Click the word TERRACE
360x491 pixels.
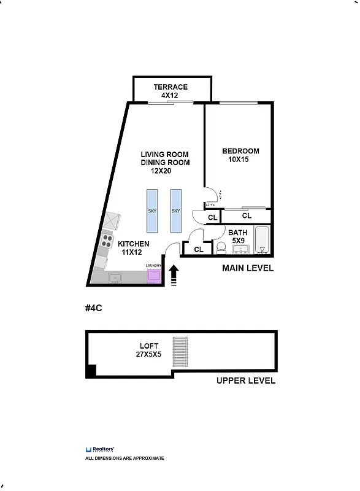click(x=170, y=87)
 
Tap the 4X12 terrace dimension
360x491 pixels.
click(x=170, y=96)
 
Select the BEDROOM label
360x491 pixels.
click(x=240, y=151)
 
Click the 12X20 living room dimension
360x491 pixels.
click(x=156, y=171)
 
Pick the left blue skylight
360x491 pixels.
click(x=152, y=211)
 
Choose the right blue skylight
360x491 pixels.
click(x=176, y=211)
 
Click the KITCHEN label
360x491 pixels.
click(x=134, y=244)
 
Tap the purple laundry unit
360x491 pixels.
click(x=153, y=276)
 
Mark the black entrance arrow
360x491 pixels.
click(x=174, y=274)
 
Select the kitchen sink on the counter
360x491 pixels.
click(x=115, y=278)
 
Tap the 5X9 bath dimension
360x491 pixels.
click(x=237, y=241)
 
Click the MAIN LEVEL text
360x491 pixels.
click(x=247, y=268)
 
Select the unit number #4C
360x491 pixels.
click(x=93, y=308)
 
